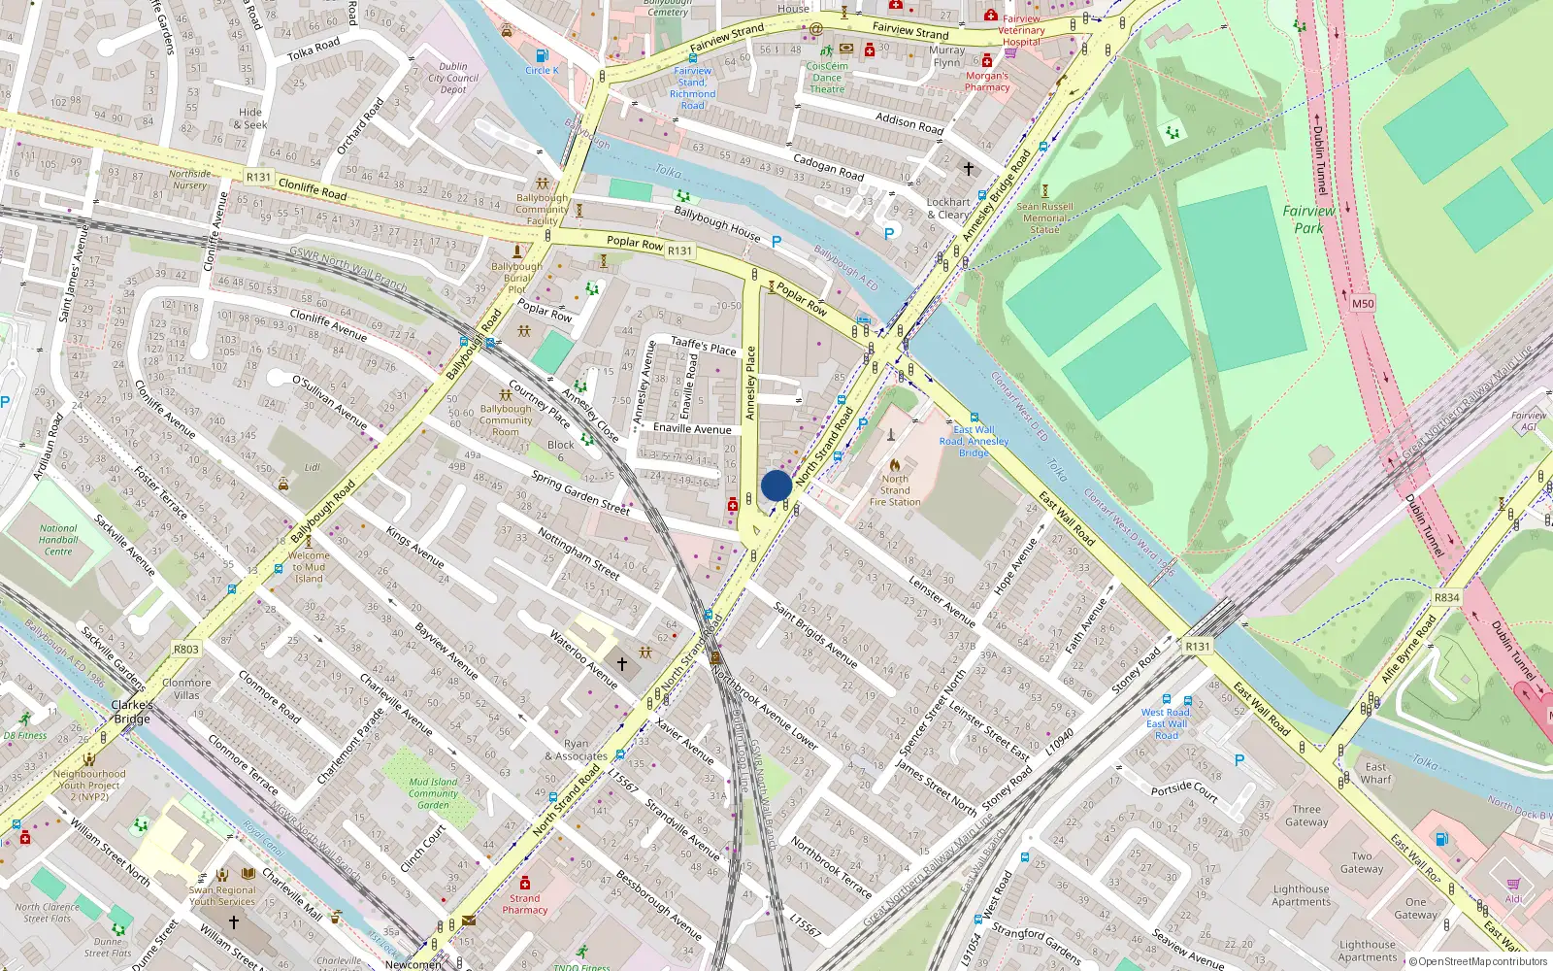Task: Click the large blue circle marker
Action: (776, 485)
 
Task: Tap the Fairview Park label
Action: (1308, 219)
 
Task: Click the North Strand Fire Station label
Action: (895, 490)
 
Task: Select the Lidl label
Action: (312, 468)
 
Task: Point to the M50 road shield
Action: (1363, 304)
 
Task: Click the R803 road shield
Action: (185, 650)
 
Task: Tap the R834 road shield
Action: (1446, 597)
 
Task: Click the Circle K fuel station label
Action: (542, 70)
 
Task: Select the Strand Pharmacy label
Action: (524, 904)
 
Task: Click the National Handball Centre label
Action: (58, 540)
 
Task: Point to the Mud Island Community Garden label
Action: (433, 793)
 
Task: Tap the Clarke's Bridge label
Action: (132, 712)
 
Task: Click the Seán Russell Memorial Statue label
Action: (1044, 218)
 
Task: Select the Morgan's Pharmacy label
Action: (987, 82)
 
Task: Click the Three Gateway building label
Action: (1306, 816)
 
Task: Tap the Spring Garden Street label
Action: (580, 491)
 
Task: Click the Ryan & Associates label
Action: (576, 751)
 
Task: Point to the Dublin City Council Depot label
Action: (453, 78)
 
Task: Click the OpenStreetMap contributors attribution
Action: (1477, 962)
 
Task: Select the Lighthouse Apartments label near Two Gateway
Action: (1301, 895)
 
